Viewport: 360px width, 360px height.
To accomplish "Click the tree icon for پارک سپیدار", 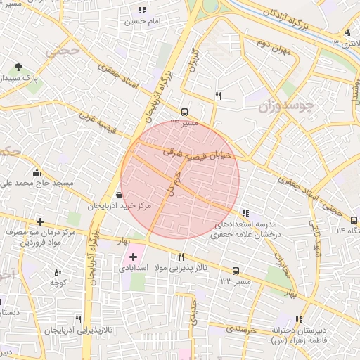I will tap(18, 68).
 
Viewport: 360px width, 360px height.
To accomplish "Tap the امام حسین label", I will tap(143, 21).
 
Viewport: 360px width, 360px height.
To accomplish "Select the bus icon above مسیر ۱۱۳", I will tap(184, 112).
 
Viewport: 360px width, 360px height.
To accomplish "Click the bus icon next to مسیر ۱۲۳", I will tap(235, 271).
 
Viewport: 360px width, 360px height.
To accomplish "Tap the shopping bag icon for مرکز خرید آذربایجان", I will tap(117, 195).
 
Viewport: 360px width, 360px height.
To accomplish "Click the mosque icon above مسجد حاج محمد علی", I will tap(37, 172).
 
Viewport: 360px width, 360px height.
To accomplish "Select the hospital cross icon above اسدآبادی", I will tap(133, 257).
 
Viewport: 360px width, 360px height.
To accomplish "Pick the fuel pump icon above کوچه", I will tap(58, 273).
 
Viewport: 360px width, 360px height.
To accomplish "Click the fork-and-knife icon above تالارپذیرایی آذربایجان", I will tap(87, 319).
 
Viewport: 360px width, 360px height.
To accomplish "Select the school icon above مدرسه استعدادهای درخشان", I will tap(245, 212).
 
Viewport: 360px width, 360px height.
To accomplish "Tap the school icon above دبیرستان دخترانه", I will tap(300, 319).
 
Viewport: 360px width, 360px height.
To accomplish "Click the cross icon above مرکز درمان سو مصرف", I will tap(40, 221).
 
